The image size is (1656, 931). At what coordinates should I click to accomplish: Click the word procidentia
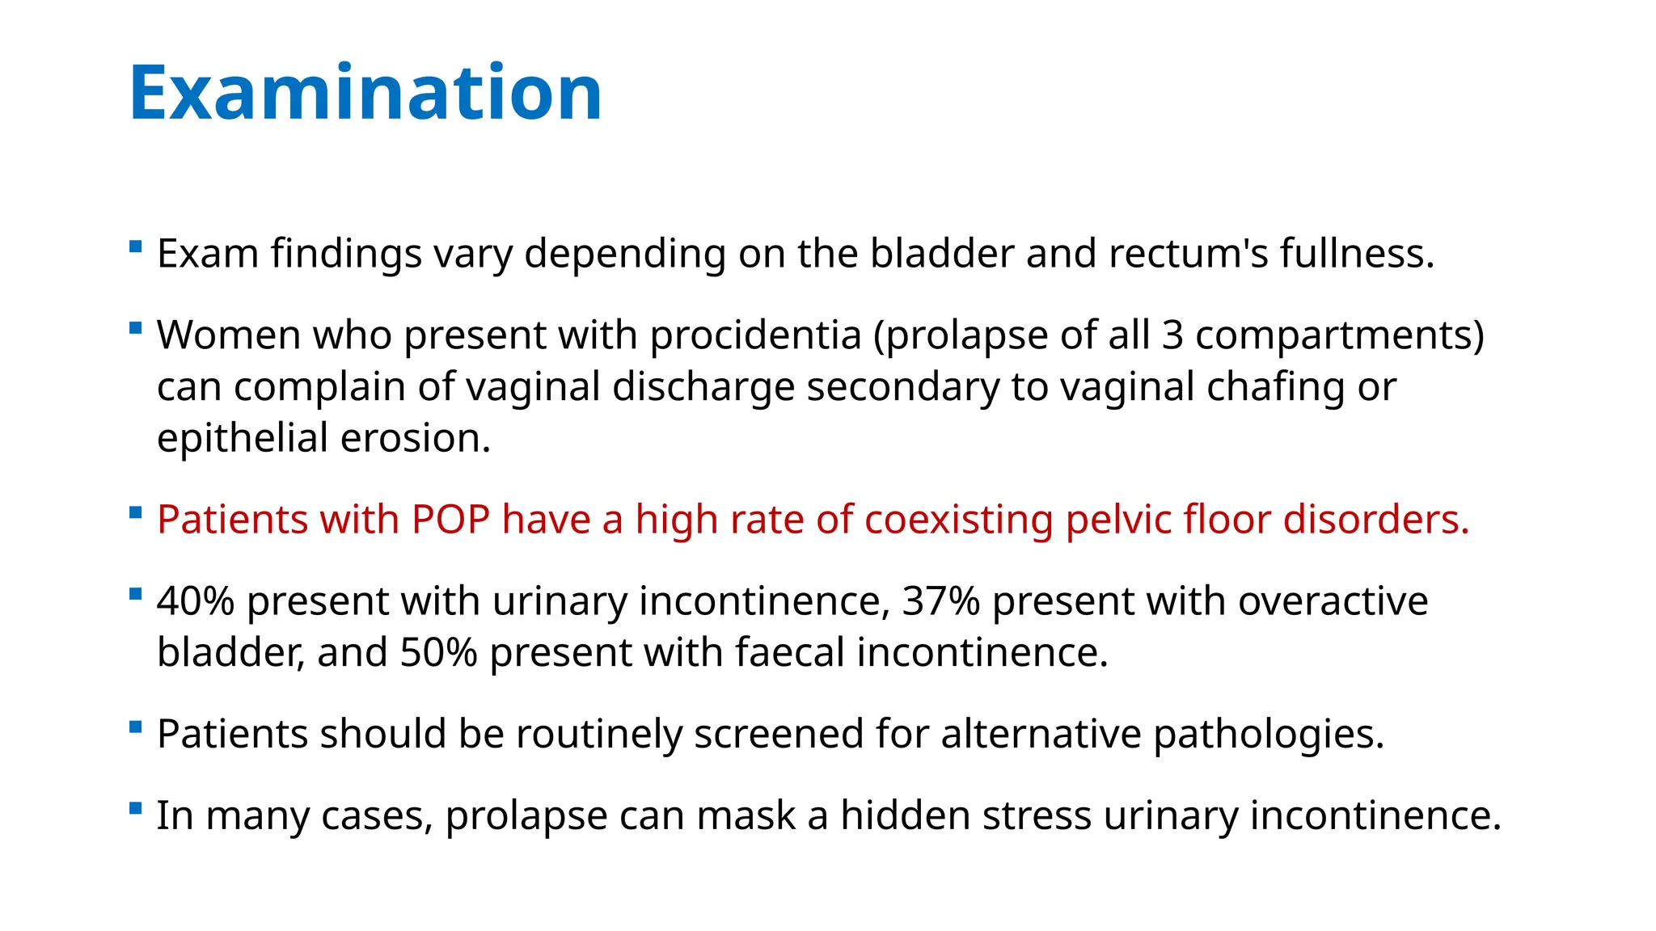click(755, 335)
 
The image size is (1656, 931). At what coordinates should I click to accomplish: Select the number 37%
click(940, 601)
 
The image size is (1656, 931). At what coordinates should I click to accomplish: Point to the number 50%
click(438, 652)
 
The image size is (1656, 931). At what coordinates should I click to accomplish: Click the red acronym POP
click(450, 520)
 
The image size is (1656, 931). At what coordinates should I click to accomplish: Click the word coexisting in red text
click(958, 520)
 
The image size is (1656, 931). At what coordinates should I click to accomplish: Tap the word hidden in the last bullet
click(905, 815)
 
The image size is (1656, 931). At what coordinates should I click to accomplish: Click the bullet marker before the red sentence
click(136, 512)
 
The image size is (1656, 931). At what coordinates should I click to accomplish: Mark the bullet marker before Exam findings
click(136, 246)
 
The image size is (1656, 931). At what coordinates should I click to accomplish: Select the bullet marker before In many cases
click(136, 808)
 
